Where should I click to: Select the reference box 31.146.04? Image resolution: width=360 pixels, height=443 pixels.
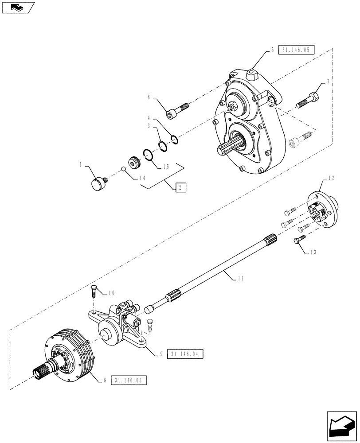tap(187, 354)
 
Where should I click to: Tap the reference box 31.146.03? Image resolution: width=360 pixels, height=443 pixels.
tap(130, 381)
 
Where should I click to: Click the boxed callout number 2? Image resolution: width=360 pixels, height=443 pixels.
tap(180, 187)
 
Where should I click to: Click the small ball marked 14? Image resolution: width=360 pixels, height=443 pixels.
tap(125, 168)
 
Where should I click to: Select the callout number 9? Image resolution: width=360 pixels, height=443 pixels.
tap(162, 354)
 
